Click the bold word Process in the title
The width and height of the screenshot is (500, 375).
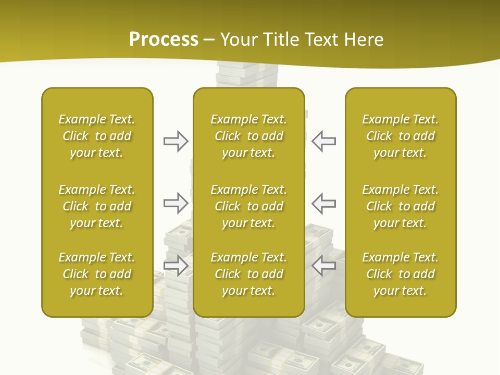point(164,40)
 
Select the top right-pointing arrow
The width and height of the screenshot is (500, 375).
point(176,141)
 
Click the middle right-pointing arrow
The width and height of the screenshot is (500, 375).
point(176,203)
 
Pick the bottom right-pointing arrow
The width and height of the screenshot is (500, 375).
point(176,266)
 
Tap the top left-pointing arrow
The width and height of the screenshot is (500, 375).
point(323,141)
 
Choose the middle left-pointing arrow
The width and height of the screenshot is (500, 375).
point(323,203)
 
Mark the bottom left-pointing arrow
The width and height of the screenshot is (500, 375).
point(323,266)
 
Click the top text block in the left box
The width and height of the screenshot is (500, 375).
point(97,136)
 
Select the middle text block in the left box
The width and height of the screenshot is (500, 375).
point(97,206)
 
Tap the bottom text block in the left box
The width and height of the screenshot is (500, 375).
point(97,274)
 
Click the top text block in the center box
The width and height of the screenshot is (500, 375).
point(249,136)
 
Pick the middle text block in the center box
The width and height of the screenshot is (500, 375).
point(249,206)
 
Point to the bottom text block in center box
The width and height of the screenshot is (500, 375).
point(249,274)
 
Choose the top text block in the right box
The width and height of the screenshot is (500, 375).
point(401,136)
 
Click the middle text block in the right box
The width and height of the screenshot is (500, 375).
point(401,206)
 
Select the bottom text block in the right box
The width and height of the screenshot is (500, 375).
point(401,274)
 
